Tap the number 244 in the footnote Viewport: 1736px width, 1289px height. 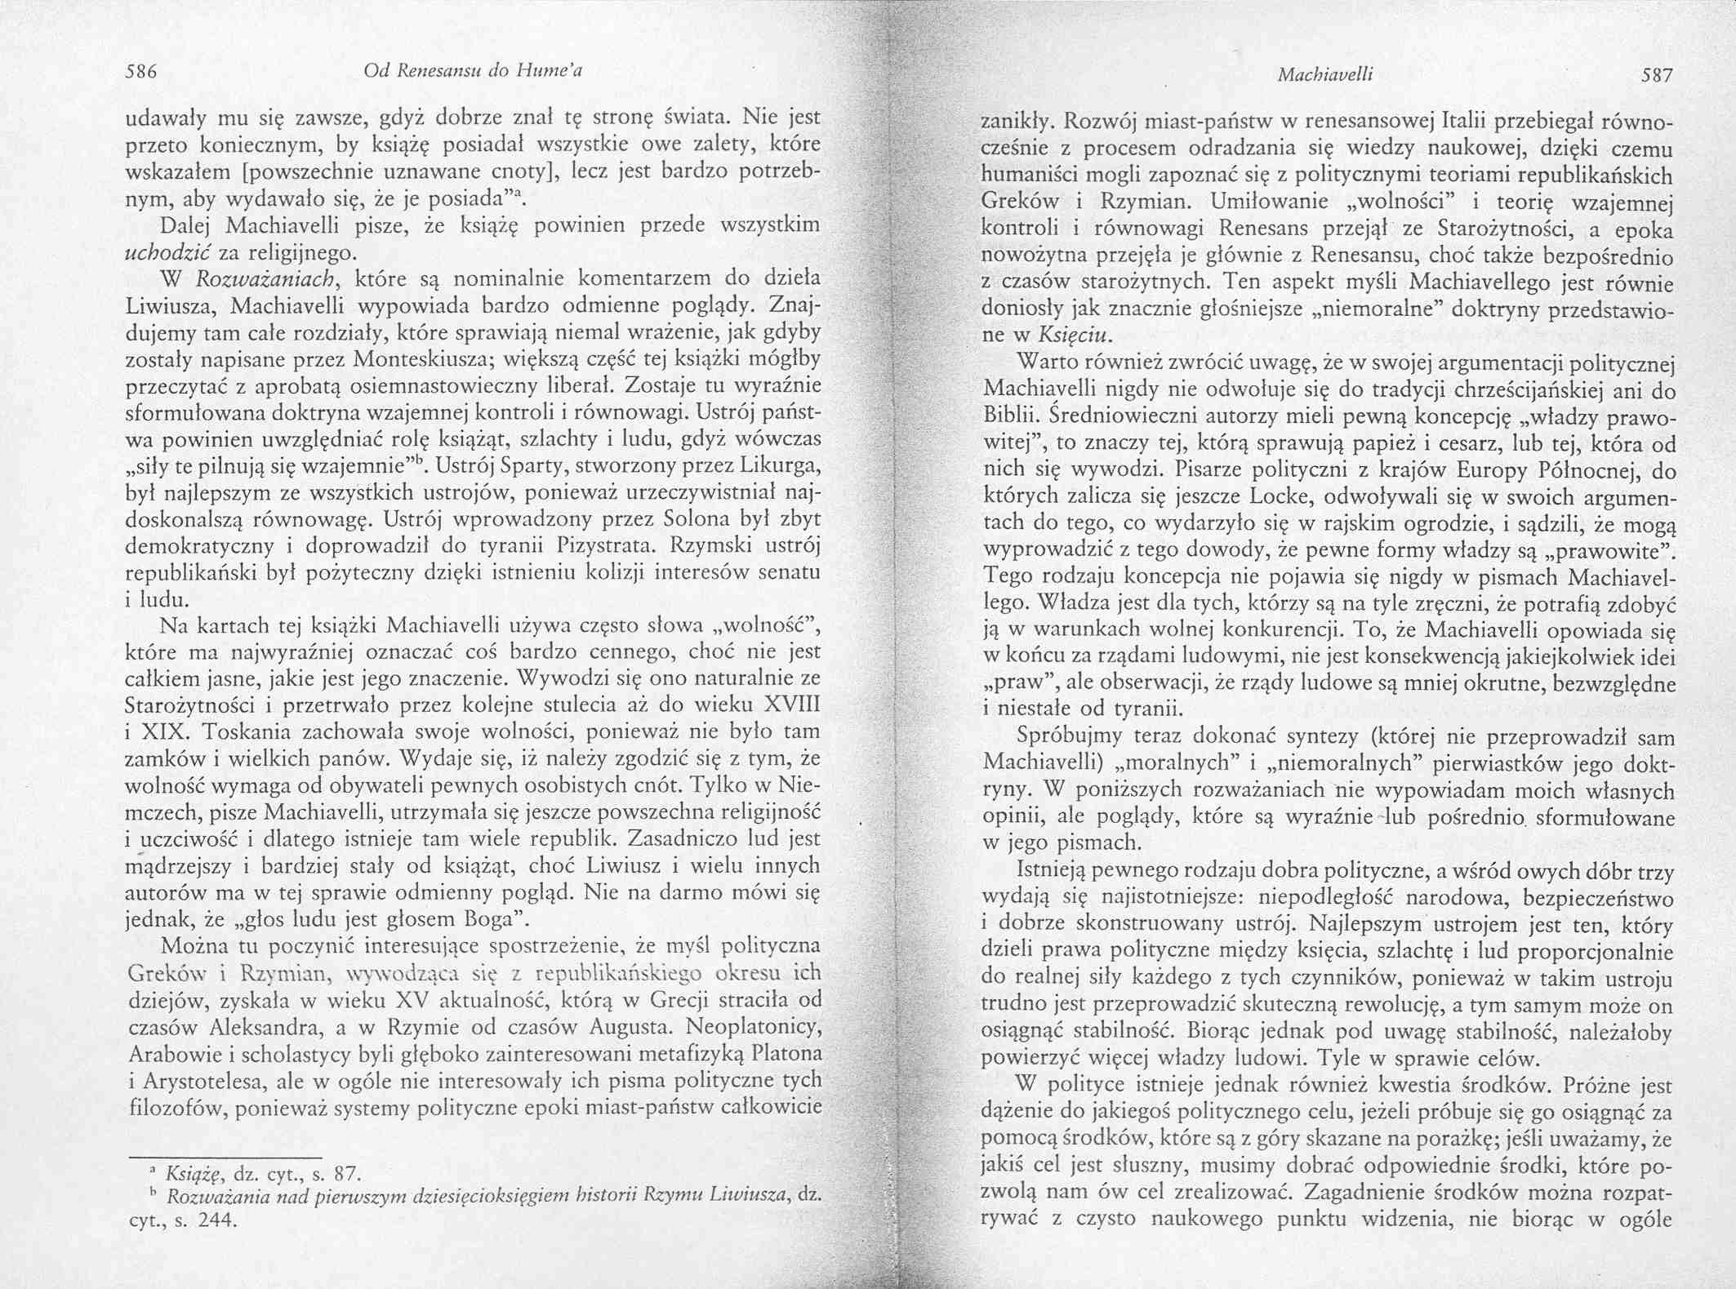[216, 1221]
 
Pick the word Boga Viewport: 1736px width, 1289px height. [487, 920]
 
